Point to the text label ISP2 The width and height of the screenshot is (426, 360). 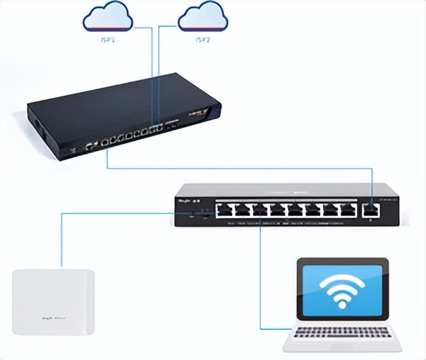[x=202, y=40]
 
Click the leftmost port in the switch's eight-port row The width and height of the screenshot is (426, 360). [x=225, y=209]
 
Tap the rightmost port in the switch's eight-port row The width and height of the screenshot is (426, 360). [x=347, y=209]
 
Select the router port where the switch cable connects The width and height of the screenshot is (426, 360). [x=107, y=141]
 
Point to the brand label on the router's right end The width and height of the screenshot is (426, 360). [x=200, y=113]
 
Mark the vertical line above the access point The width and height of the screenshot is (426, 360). [x=62, y=240]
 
